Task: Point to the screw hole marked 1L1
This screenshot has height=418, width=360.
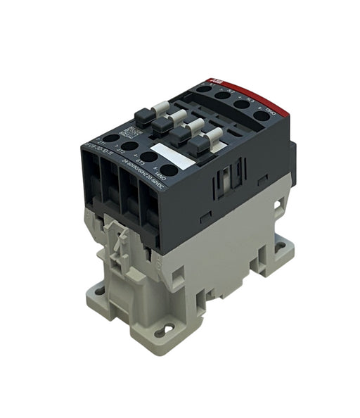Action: [204, 88]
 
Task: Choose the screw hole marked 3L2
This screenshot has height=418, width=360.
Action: [224, 96]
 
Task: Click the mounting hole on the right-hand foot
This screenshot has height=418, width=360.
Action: [280, 246]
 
